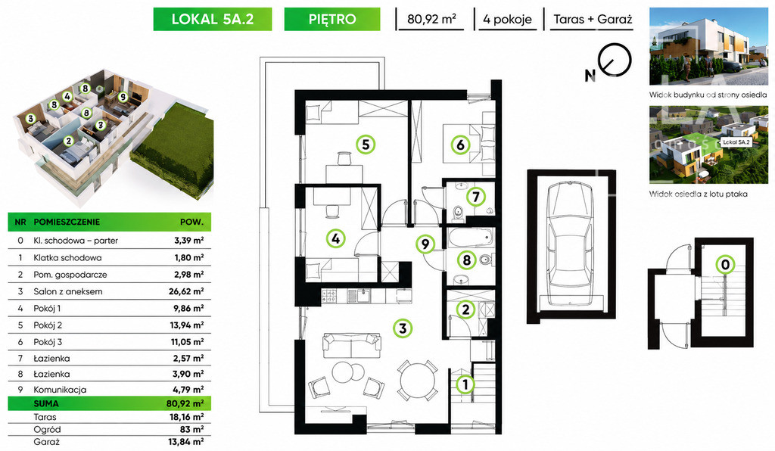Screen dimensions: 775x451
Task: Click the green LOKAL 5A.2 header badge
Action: tap(213, 19)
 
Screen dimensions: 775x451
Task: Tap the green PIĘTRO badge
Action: tap(332, 19)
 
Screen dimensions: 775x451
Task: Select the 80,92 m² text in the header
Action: tap(431, 19)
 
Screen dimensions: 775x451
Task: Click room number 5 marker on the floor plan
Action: tap(366, 145)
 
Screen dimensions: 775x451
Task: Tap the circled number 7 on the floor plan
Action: tap(476, 197)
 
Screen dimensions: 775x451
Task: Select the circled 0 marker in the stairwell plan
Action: tap(725, 265)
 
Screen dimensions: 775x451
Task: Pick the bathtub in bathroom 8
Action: tap(471, 238)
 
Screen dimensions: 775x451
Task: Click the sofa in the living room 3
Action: tap(352, 345)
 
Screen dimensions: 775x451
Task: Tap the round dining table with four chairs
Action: tap(418, 381)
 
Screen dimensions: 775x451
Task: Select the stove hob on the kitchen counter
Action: tap(329, 296)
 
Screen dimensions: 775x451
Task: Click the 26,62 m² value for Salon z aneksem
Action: tap(186, 291)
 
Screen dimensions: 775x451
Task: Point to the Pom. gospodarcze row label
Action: tap(70, 275)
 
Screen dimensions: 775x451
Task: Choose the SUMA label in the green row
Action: tap(46, 403)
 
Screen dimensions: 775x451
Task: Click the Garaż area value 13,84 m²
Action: tap(186, 442)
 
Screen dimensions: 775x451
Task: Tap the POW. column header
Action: tap(191, 222)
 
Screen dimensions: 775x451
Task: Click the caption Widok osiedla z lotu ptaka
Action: tap(699, 194)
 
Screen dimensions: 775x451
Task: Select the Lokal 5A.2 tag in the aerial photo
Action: tap(736, 142)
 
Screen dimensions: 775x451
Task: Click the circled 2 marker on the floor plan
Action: tap(465, 309)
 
